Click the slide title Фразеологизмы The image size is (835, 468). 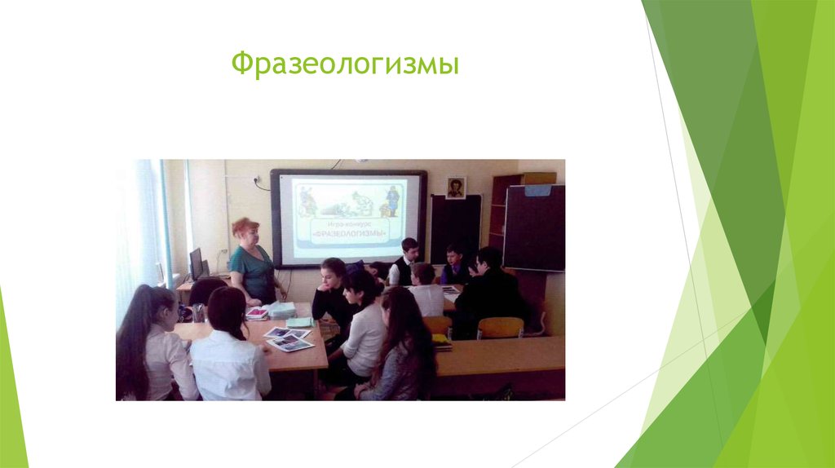point(345,64)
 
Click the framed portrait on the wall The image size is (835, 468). point(456,188)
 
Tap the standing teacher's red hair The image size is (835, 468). point(245,227)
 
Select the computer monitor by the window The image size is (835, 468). point(197,263)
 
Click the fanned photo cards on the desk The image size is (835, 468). point(288,338)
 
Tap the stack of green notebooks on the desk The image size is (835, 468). point(282,309)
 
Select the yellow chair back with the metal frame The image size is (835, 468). point(499,328)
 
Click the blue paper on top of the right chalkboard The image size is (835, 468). point(537,190)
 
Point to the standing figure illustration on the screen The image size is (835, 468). point(393,200)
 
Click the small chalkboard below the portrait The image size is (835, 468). point(455,227)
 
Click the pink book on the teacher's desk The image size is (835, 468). point(257,313)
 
